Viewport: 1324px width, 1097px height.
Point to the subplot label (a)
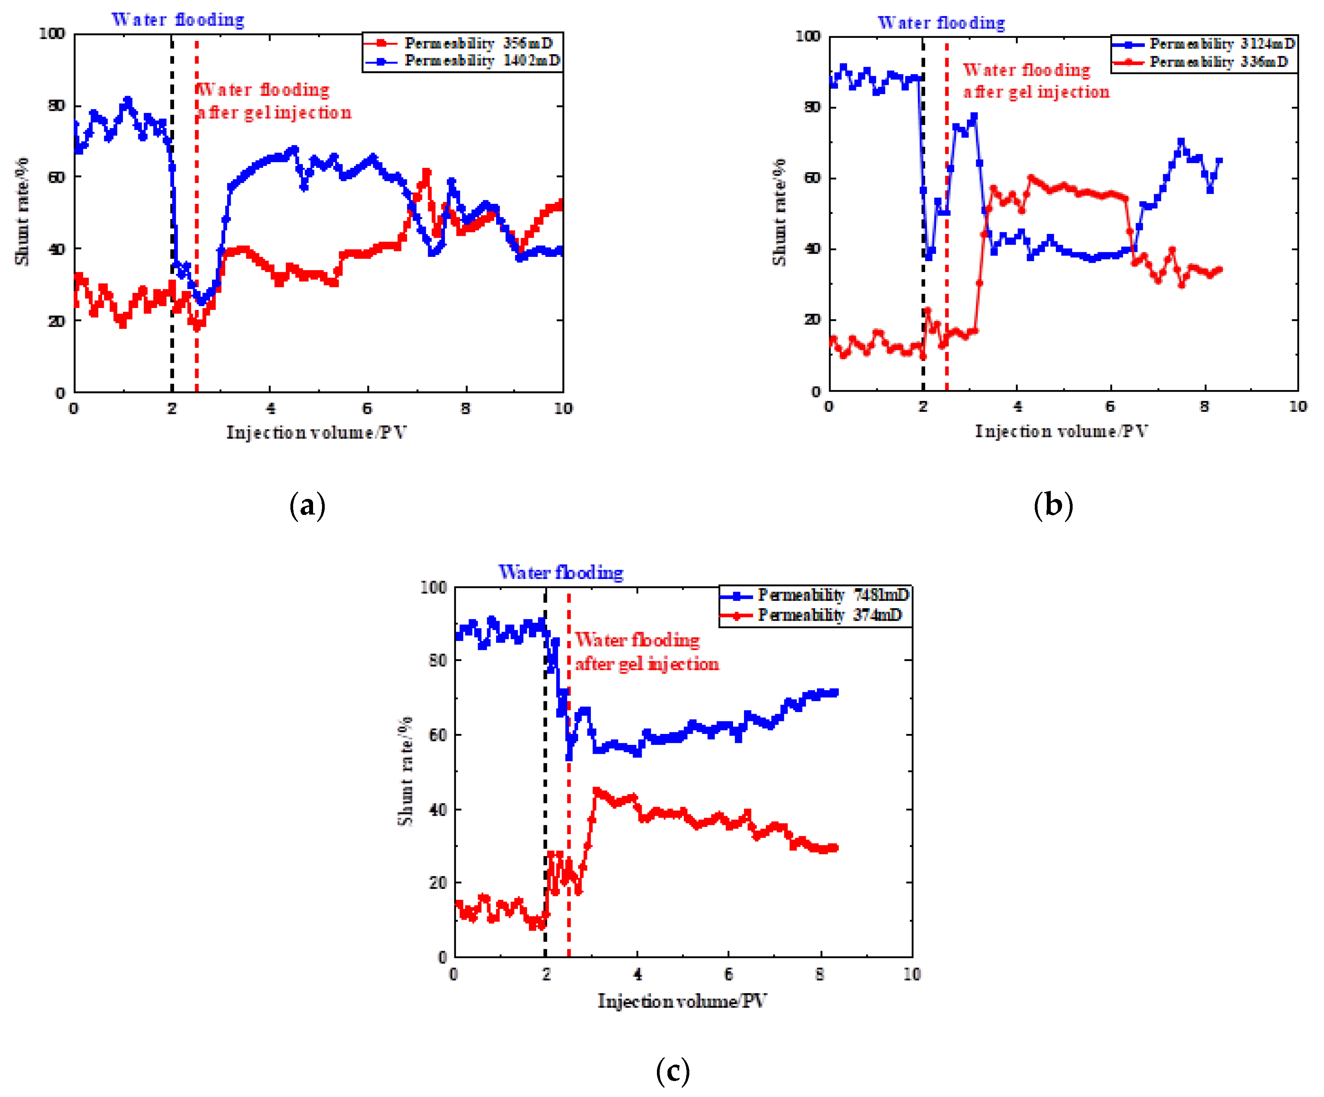click(307, 506)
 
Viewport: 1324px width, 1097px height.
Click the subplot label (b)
click(1053, 506)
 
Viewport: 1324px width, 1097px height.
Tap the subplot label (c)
click(672, 1071)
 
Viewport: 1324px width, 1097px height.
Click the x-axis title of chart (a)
click(317, 433)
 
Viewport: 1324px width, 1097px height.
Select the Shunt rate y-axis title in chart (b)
click(780, 212)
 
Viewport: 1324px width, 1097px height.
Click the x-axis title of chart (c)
click(682, 1001)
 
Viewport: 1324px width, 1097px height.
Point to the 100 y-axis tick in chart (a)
click(52, 34)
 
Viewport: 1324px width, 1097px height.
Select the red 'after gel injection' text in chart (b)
click(1036, 92)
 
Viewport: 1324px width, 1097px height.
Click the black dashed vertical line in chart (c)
click(545, 788)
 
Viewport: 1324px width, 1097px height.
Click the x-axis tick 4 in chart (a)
click(270, 408)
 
